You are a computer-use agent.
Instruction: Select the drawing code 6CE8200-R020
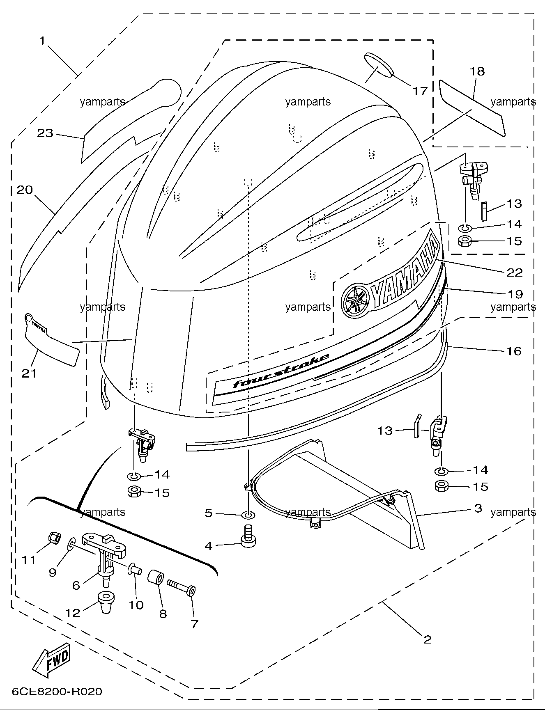pyautogui.click(x=57, y=692)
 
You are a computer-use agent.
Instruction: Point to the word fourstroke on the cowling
pyautogui.click(x=281, y=371)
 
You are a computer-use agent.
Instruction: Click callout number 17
pyautogui.click(x=420, y=90)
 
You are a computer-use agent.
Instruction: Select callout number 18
pyautogui.click(x=477, y=71)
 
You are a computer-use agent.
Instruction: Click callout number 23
pyautogui.click(x=45, y=133)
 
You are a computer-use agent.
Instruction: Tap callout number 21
pyautogui.click(x=29, y=373)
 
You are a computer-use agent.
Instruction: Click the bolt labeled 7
pyautogui.click(x=181, y=588)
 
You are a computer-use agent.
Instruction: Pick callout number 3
pyautogui.click(x=478, y=508)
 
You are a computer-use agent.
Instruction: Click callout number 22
pyautogui.click(x=514, y=272)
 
